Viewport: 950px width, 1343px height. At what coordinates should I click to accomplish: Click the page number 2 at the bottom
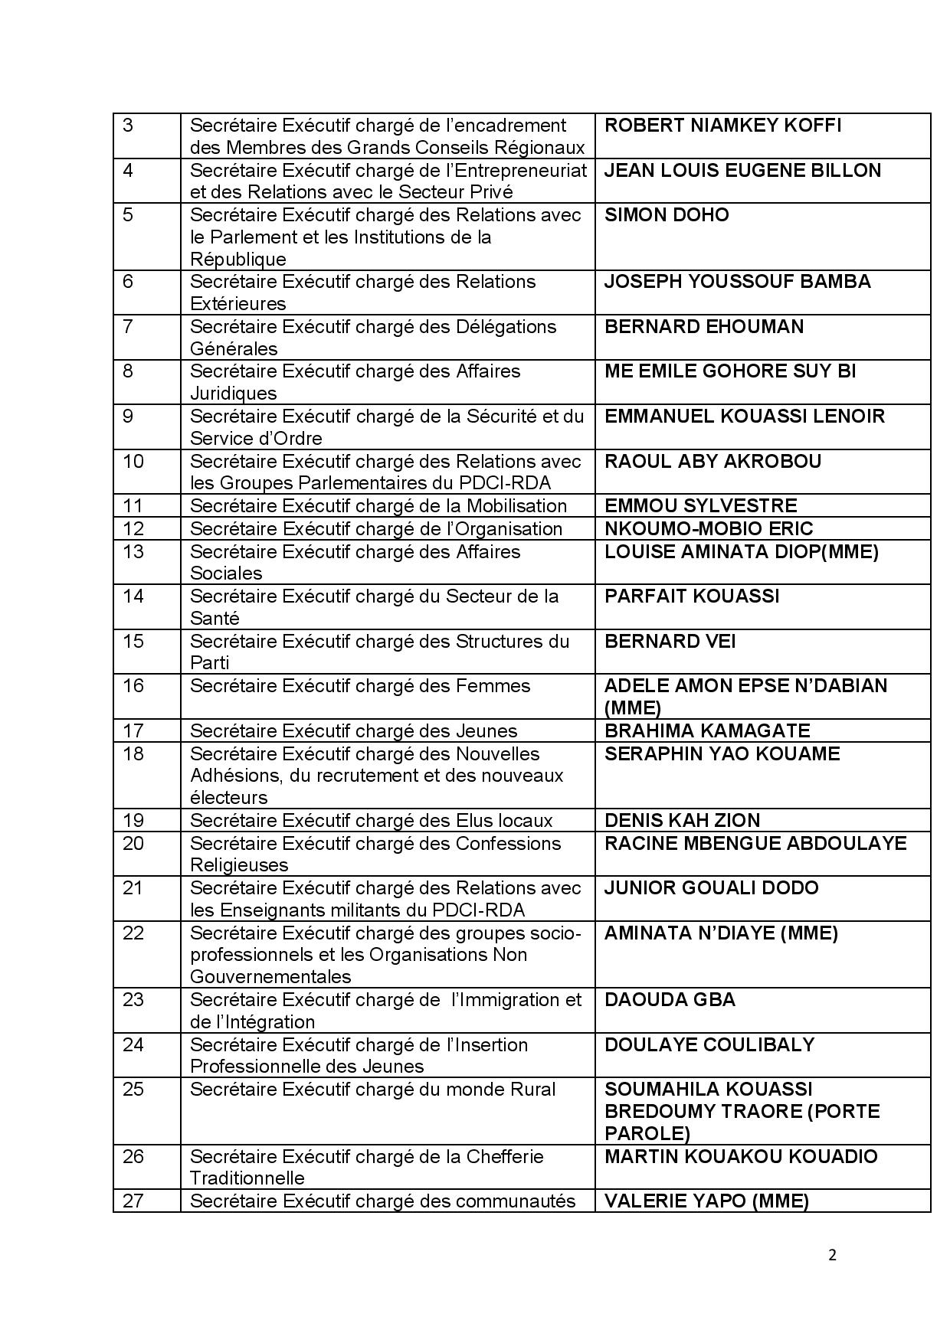(x=832, y=1255)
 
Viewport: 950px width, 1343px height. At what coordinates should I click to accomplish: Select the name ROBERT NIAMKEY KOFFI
(x=722, y=126)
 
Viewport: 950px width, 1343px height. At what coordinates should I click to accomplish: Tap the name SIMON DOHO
(x=667, y=215)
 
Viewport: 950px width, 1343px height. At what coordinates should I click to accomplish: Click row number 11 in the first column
(x=133, y=506)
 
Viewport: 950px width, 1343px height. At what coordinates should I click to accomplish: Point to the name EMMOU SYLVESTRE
(x=700, y=506)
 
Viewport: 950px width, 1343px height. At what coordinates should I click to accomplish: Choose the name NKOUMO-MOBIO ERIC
(x=709, y=529)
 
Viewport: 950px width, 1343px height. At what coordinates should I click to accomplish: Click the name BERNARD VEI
(x=670, y=642)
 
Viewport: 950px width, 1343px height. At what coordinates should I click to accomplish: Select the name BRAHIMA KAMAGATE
(x=707, y=731)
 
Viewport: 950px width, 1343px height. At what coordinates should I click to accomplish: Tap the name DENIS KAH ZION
(x=682, y=821)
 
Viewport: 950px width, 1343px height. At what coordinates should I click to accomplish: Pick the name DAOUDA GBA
(x=670, y=1000)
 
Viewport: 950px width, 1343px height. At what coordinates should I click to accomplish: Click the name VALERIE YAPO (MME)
(x=706, y=1201)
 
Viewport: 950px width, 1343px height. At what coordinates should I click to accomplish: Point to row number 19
(x=133, y=821)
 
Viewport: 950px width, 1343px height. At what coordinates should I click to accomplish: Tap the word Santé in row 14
(x=215, y=619)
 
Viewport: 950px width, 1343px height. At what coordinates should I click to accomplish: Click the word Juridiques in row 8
(x=233, y=394)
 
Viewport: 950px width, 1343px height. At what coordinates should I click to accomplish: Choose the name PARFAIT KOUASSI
(x=692, y=596)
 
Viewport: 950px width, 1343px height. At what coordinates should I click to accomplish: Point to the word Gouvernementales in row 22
(x=270, y=977)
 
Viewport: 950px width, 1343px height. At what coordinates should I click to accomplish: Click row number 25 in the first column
(x=133, y=1090)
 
